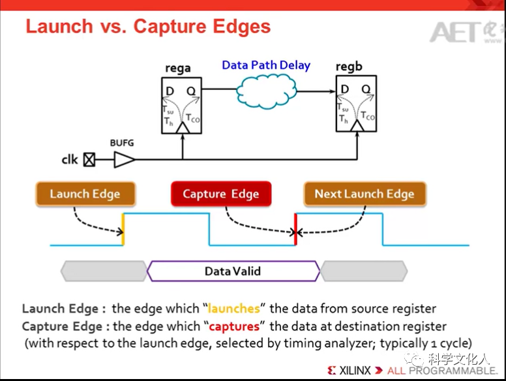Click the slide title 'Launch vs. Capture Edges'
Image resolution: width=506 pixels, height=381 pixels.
pos(147,27)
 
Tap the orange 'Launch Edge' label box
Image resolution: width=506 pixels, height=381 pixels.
pos(85,194)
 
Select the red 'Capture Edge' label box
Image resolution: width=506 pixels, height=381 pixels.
pos(220,194)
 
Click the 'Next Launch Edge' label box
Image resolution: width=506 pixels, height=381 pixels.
pos(364,194)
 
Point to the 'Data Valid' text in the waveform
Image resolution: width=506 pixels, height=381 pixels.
pos(233,271)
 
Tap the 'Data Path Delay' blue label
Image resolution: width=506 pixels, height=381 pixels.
pos(266,65)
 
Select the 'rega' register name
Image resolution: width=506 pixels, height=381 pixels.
pos(178,67)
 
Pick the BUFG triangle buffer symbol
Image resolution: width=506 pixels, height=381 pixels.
pos(125,159)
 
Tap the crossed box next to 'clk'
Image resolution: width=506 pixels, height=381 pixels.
pos(89,159)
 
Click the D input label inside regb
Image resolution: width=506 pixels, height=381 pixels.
pos(344,89)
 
